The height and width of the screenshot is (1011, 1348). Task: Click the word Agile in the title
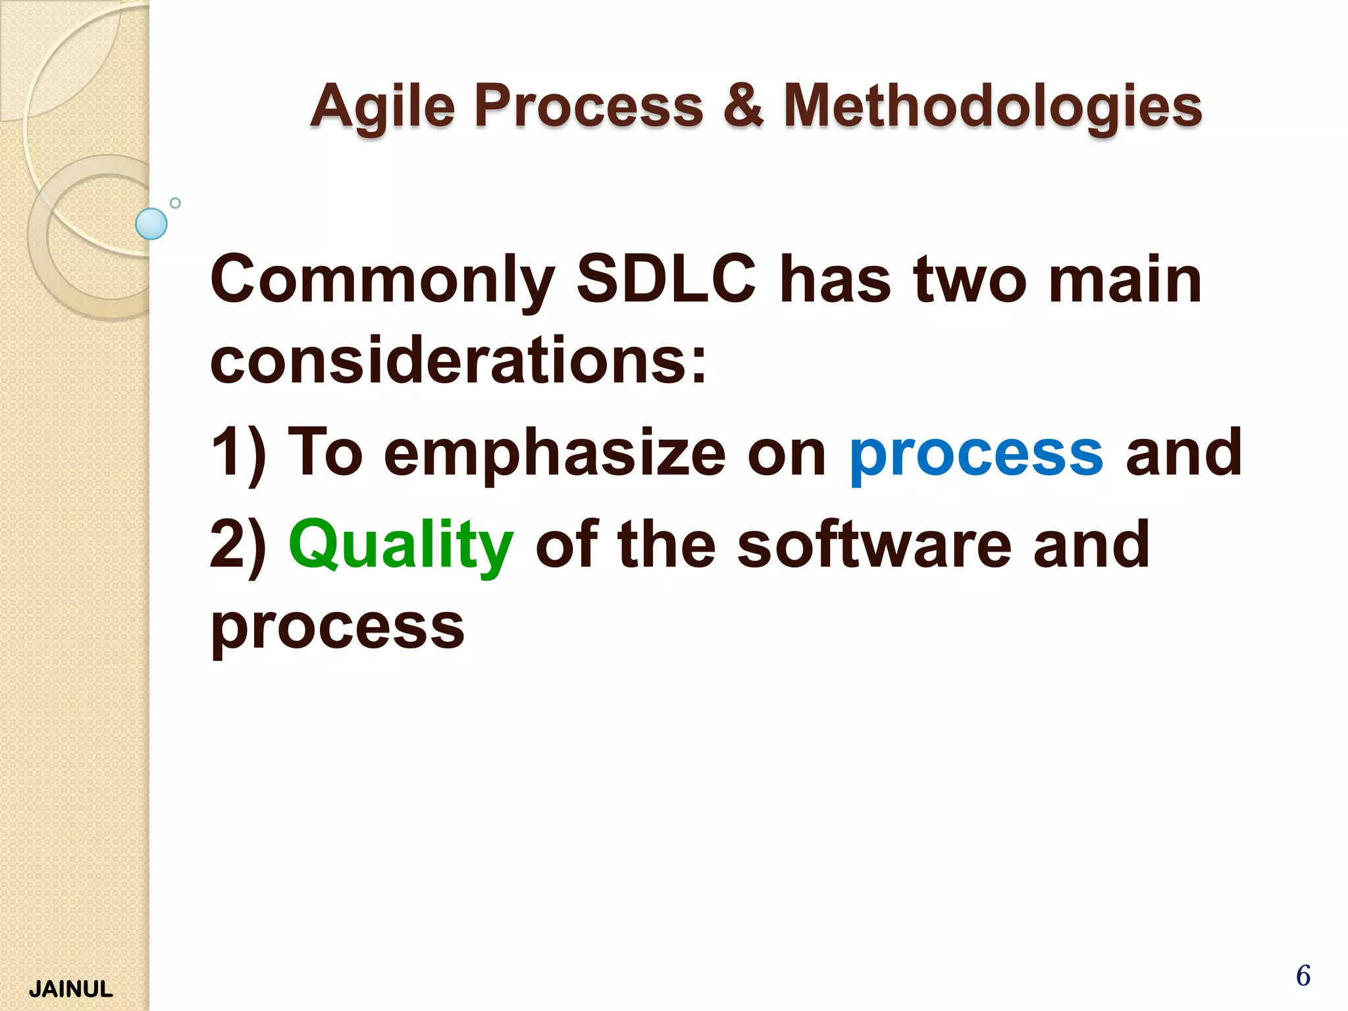(x=382, y=107)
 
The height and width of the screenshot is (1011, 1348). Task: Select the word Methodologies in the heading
(x=993, y=107)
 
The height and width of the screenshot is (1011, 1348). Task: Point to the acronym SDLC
(x=666, y=280)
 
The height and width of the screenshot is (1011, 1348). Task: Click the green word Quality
(x=400, y=545)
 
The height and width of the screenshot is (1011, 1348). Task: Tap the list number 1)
(x=238, y=453)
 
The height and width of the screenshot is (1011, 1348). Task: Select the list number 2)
(x=238, y=545)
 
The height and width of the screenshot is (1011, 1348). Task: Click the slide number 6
(x=1303, y=975)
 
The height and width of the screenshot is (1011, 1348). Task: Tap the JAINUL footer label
(x=71, y=989)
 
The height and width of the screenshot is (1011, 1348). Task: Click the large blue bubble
(x=151, y=224)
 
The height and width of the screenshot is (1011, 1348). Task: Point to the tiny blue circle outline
(x=175, y=203)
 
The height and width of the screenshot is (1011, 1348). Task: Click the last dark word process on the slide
(x=337, y=629)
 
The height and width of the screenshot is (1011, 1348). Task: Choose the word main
(x=1125, y=280)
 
